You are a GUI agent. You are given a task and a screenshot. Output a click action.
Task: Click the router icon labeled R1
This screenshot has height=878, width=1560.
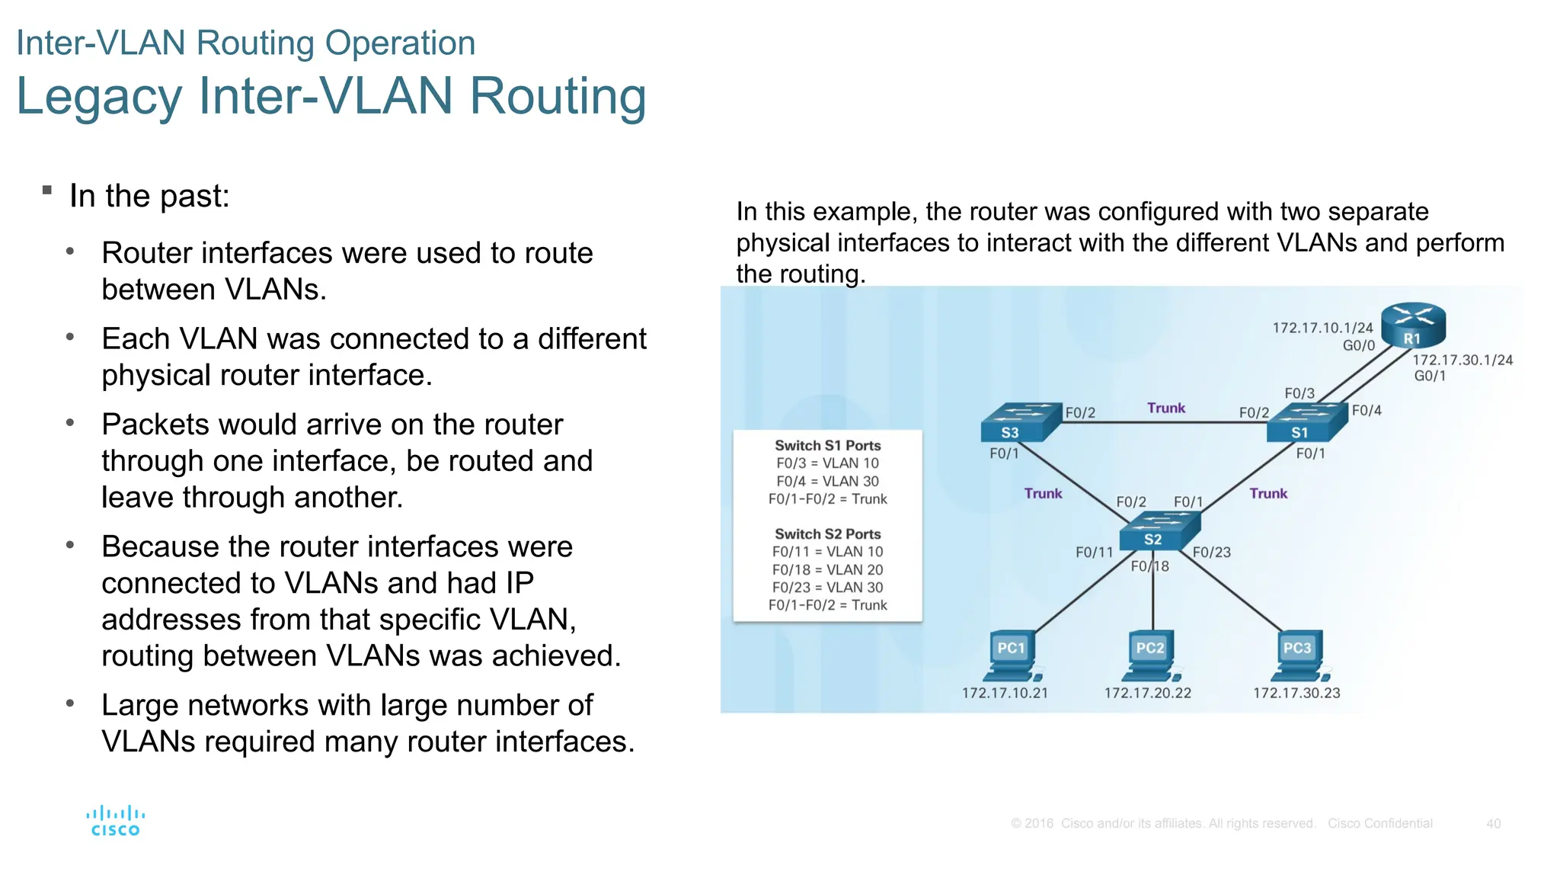pos(1413,325)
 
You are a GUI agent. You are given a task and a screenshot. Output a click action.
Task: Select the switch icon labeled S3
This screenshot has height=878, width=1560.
pos(1020,422)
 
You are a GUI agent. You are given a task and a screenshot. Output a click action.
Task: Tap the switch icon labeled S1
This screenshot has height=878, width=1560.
pos(1307,422)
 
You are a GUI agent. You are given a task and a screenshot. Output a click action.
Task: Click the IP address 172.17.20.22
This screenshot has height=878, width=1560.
pos(1147,693)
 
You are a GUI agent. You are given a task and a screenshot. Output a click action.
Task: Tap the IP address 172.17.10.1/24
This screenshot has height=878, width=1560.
pos(1322,328)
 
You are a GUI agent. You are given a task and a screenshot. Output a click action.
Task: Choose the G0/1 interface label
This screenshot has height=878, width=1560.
pos(1430,376)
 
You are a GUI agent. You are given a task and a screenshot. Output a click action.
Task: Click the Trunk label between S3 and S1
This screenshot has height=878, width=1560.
pos(1166,408)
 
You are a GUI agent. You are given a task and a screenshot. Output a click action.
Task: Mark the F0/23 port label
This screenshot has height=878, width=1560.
pos(1211,552)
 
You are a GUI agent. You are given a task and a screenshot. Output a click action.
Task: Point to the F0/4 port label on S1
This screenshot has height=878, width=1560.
pos(1367,411)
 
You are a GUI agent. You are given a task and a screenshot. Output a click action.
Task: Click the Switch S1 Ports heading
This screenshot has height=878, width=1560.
pos(827,445)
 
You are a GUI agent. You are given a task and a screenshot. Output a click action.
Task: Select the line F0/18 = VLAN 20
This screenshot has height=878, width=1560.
pos(827,569)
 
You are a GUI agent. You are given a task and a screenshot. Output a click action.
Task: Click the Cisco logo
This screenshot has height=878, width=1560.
pos(115,821)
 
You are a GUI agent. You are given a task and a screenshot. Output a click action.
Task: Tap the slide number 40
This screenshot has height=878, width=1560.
pos(1493,823)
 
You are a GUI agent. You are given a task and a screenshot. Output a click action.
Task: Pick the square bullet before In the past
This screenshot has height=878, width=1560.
pos(47,190)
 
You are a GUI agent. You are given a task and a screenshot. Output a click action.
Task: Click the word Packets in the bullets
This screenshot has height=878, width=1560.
pos(157,425)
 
